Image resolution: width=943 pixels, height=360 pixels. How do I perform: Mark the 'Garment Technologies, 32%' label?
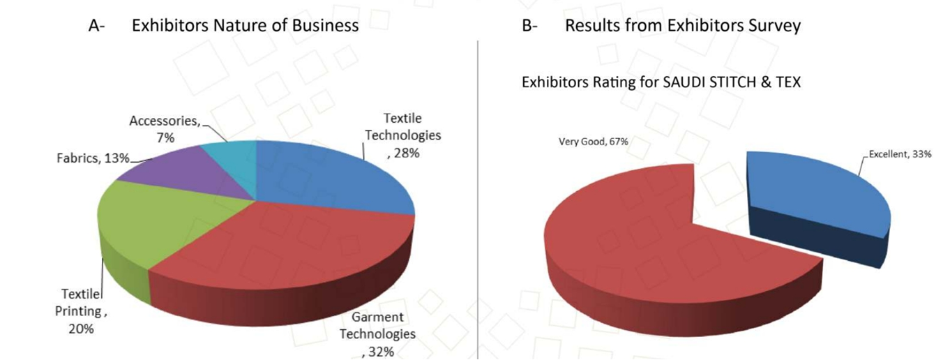click(377, 334)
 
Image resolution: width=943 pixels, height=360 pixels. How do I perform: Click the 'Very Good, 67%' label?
click(594, 142)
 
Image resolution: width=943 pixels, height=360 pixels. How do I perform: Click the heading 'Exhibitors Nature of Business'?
click(245, 26)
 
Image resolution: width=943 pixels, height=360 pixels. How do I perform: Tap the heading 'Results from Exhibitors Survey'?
click(682, 26)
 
